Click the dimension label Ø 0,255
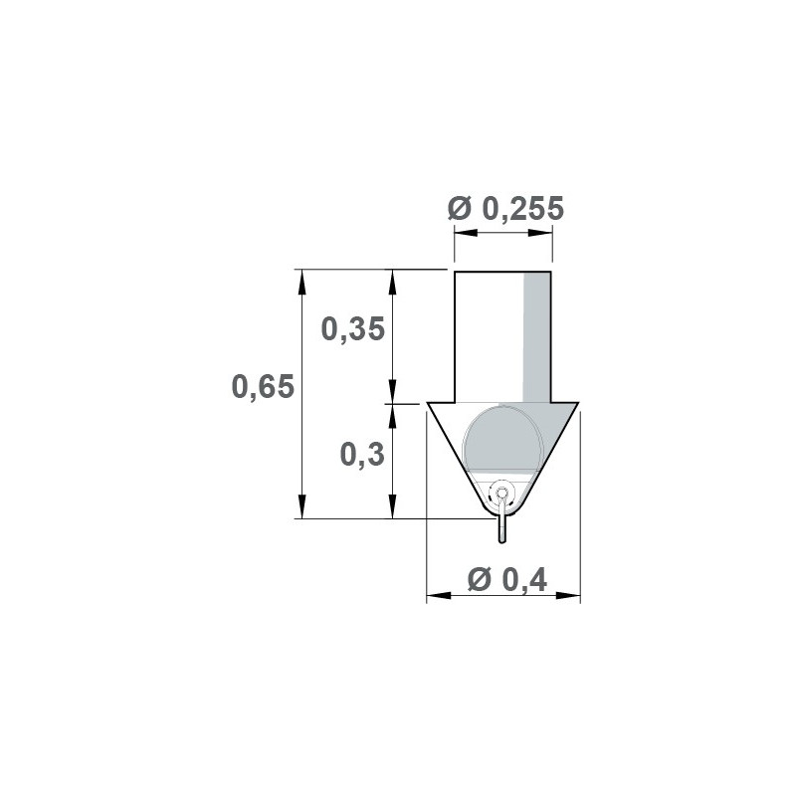point(505,208)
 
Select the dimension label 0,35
point(353,328)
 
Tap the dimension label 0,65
point(263,386)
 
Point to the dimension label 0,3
point(362,455)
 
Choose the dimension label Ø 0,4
point(507,579)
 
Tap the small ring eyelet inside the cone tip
point(501,493)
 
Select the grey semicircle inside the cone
point(501,439)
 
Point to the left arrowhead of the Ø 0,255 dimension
point(466,233)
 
